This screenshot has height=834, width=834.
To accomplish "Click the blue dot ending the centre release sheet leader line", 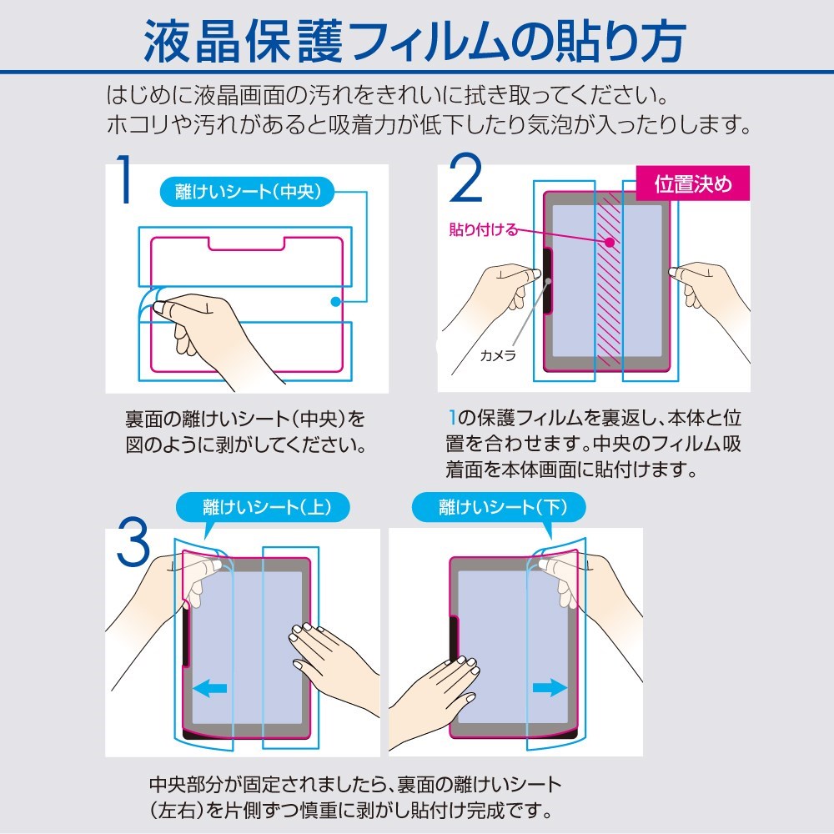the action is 335,302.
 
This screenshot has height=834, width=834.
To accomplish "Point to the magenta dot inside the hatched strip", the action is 610,242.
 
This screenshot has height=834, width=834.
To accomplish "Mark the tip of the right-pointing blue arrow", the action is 567,687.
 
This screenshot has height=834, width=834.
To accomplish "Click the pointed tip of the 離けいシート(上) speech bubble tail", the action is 205,540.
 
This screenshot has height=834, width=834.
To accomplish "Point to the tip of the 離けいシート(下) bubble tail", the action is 550,540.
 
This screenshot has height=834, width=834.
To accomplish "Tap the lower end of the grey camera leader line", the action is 513,346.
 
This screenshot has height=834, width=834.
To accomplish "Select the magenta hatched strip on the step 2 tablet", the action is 609,279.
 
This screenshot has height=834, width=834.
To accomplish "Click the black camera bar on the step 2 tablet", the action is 547,281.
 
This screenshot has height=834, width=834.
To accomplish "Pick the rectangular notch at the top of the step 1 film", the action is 246,243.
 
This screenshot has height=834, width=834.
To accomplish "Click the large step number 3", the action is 133,542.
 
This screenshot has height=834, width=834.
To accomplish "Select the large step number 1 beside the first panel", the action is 124,178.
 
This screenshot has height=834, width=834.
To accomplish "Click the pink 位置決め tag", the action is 692,183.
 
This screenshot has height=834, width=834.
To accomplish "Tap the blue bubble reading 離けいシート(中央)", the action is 248,192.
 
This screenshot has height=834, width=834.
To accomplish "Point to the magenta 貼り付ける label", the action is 483,230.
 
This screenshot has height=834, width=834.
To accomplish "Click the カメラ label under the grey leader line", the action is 498,355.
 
